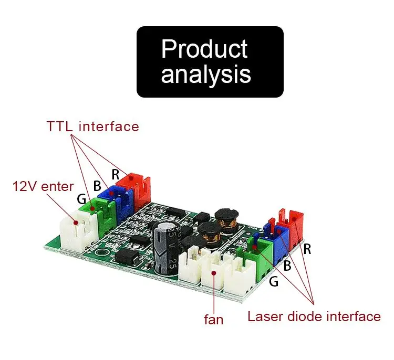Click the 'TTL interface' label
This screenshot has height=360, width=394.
[x=92, y=126]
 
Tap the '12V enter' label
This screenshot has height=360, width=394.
[x=43, y=186]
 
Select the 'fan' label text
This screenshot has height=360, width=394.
[x=214, y=320]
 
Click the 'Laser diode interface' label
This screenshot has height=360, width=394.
[x=314, y=316]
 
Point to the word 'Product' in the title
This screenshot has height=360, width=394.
[x=204, y=48]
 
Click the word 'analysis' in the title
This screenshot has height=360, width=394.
[x=206, y=73]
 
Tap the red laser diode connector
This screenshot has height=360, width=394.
[x=292, y=229]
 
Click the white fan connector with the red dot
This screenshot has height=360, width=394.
[x=213, y=271]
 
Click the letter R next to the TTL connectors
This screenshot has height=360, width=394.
[x=115, y=174]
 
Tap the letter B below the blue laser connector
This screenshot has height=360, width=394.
[x=287, y=266]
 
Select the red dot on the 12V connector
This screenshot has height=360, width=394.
[x=75, y=223]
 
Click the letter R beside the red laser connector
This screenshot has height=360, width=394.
[x=307, y=249]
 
